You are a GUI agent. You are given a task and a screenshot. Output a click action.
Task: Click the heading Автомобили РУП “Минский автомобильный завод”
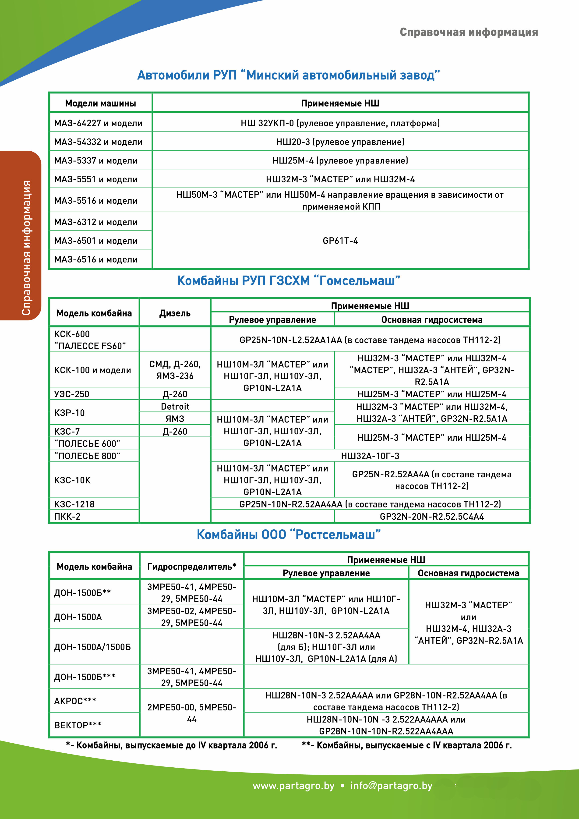pyautogui.click(x=288, y=75)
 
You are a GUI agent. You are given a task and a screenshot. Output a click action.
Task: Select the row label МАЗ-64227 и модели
pyautogui.click(x=98, y=123)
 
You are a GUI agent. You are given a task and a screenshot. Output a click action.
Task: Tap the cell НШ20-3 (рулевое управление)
pyautogui.click(x=340, y=142)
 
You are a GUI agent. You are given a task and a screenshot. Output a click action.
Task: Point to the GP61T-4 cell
pyautogui.click(x=340, y=241)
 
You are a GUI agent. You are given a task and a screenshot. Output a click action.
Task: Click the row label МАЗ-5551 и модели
pyautogui.click(x=95, y=179)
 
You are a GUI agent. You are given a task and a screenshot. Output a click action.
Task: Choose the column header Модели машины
pyautogui.click(x=100, y=103)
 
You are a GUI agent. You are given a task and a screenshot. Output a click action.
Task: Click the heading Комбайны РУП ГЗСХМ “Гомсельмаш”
pyautogui.click(x=288, y=281)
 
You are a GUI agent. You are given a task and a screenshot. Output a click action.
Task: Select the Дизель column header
pyautogui.click(x=175, y=313)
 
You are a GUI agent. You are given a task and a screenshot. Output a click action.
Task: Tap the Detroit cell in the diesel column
pyautogui.click(x=175, y=406)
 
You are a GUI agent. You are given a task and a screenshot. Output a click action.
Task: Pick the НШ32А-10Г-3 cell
pyautogui.click(x=370, y=456)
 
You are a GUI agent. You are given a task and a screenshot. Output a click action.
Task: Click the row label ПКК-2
pyautogui.click(x=67, y=517)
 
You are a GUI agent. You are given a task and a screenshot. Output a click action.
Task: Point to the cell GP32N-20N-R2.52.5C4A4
pyautogui.click(x=431, y=517)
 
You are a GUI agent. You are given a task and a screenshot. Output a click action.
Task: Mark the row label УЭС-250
pyautogui.click(x=72, y=394)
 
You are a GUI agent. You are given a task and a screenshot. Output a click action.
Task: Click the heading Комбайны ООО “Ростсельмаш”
pyautogui.click(x=288, y=534)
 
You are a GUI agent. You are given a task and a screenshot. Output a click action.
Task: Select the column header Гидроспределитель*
pyautogui.click(x=191, y=567)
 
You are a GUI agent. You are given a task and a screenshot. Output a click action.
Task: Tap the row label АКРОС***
pyautogui.click(x=75, y=701)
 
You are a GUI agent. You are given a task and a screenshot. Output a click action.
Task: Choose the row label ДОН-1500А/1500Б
pyautogui.click(x=92, y=647)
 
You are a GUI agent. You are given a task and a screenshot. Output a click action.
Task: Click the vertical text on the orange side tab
pyautogui.click(x=26, y=248)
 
